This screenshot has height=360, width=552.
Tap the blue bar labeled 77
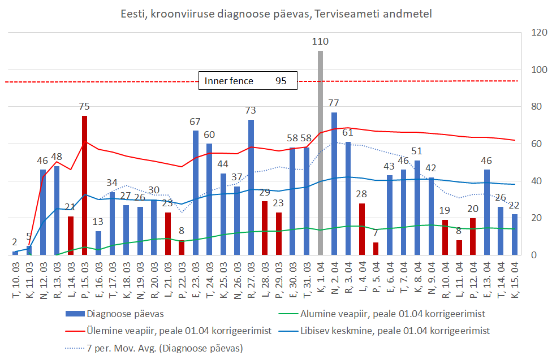click(x=334, y=184)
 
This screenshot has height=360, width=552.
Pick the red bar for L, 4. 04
click(x=362, y=229)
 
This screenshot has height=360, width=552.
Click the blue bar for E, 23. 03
click(x=196, y=193)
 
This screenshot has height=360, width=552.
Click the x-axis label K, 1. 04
click(x=321, y=277)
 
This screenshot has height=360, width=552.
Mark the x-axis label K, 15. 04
click(x=515, y=277)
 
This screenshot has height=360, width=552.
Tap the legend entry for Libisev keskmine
click(x=390, y=330)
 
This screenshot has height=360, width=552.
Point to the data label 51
click(x=417, y=151)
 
